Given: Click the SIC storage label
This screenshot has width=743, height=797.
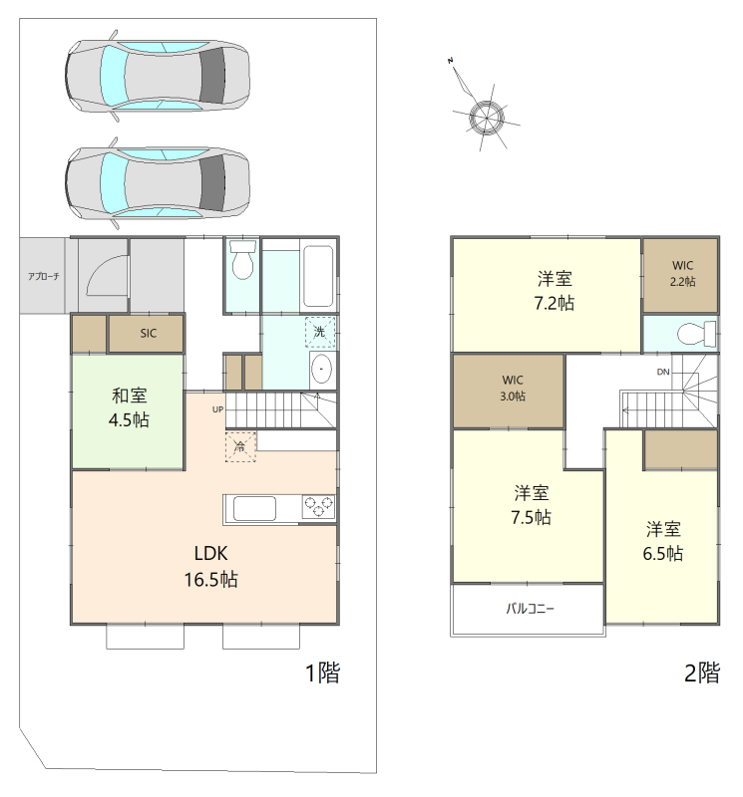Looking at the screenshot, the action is [x=148, y=334].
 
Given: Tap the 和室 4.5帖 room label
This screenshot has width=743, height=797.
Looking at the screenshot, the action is [x=129, y=407].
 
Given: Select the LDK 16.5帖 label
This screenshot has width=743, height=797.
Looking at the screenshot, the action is [x=210, y=566].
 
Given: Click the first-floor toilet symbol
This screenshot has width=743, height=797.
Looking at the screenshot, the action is [x=241, y=259].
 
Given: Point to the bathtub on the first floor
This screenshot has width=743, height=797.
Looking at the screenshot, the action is [x=318, y=276].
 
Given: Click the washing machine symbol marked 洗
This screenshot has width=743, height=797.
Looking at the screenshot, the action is [x=320, y=332].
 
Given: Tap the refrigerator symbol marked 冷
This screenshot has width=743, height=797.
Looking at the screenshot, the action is [x=240, y=446].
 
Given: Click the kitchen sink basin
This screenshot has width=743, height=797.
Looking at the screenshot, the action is [x=254, y=508].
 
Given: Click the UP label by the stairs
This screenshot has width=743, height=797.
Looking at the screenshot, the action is [x=217, y=409].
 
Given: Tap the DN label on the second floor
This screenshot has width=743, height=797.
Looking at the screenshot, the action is [x=663, y=372].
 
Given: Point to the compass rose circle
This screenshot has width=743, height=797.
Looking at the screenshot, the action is [x=487, y=118].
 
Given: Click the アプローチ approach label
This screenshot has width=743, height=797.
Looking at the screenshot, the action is [x=43, y=277].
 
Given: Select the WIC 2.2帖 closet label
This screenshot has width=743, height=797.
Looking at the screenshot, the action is [x=682, y=273].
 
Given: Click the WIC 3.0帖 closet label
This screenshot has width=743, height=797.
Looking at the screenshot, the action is [x=513, y=388].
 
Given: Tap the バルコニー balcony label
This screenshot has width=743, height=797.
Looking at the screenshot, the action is [x=530, y=609].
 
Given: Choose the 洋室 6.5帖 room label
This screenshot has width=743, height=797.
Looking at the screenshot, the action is [x=663, y=541].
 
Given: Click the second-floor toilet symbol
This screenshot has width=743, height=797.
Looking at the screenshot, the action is [x=696, y=334].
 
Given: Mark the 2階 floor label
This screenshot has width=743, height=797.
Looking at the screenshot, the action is [x=702, y=672].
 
